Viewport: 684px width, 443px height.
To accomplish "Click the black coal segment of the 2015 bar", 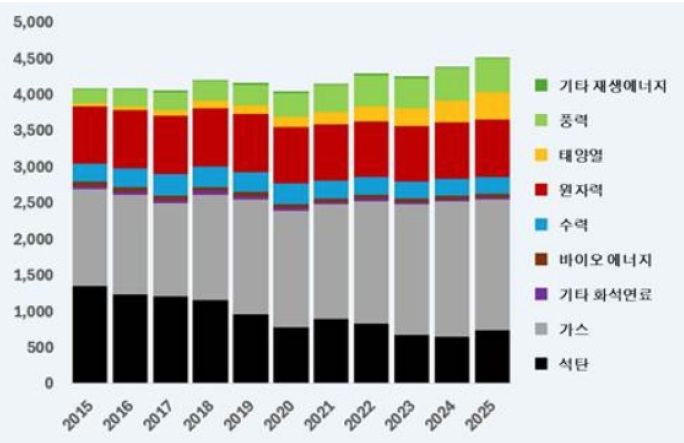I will click(90, 334).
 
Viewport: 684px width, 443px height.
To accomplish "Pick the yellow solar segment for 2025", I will click(491, 106).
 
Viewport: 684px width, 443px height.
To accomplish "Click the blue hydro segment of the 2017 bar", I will click(170, 184).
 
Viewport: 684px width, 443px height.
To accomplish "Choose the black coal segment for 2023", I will click(411, 358).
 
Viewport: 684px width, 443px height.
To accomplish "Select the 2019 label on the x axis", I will click(245, 412).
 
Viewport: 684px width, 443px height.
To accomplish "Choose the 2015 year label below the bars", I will click(84, 412).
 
